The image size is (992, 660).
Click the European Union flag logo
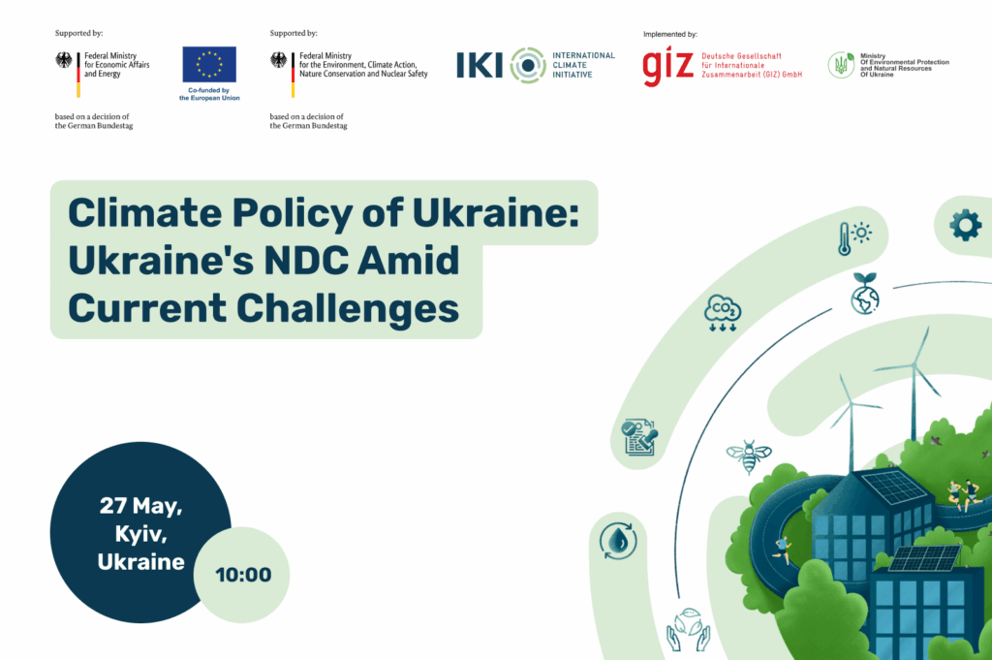209,64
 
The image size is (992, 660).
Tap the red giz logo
667,67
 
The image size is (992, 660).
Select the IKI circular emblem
528,65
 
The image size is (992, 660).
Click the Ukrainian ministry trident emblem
841,65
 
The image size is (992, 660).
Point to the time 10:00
243,575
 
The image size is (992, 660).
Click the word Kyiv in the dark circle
140,534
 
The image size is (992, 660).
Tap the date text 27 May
140,506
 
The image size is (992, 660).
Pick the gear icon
966,225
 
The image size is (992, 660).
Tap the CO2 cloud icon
723,313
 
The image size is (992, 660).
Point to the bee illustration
749,456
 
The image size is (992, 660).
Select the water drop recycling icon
618,541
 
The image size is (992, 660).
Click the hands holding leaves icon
689,630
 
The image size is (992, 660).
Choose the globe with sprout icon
865,294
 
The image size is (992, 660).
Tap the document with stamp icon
640,437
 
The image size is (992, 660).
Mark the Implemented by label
670,34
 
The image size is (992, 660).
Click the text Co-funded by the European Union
209,94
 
